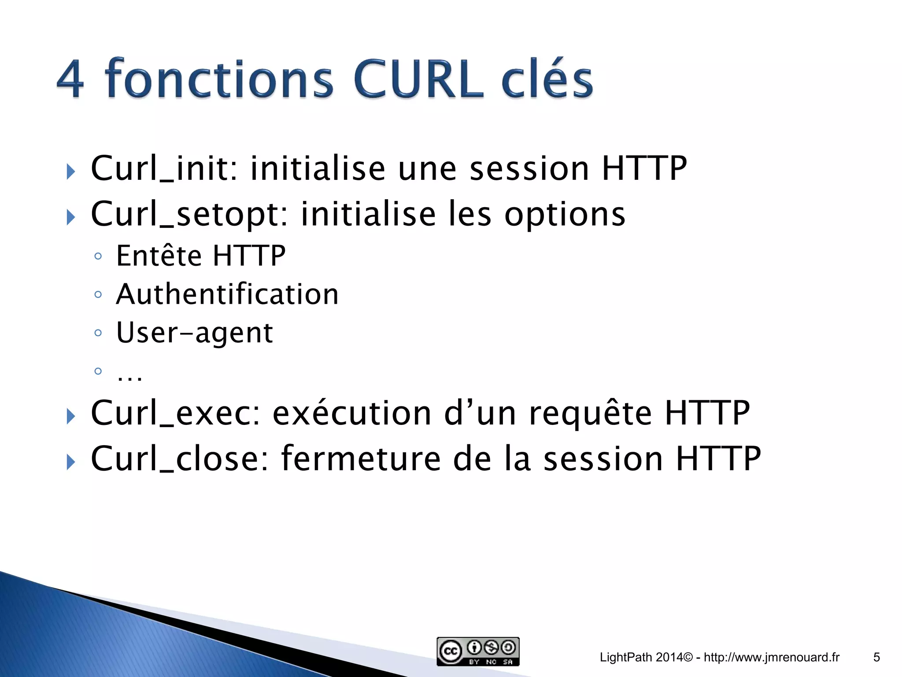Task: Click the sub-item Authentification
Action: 227,294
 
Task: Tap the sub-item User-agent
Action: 194,333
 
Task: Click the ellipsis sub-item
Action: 129,375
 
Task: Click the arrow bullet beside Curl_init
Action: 70,171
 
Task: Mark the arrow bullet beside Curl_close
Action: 70,462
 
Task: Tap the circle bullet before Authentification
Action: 98,294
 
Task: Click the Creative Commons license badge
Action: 478,651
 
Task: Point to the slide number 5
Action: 876,658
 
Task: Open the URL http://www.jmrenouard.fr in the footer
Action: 772,658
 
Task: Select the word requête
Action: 590,414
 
